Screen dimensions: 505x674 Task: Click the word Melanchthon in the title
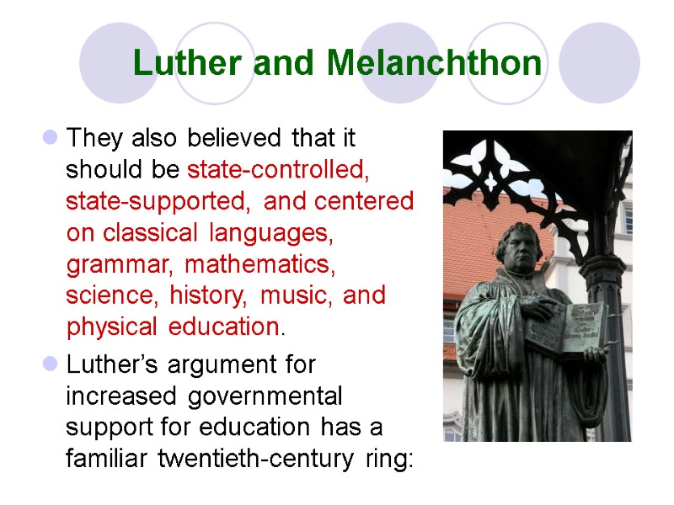434,63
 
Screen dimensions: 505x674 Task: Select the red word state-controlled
278,170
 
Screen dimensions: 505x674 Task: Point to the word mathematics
259,264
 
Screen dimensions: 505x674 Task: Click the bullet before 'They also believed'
50,137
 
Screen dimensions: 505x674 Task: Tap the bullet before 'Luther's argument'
50,364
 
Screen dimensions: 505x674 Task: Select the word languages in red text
270,232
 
